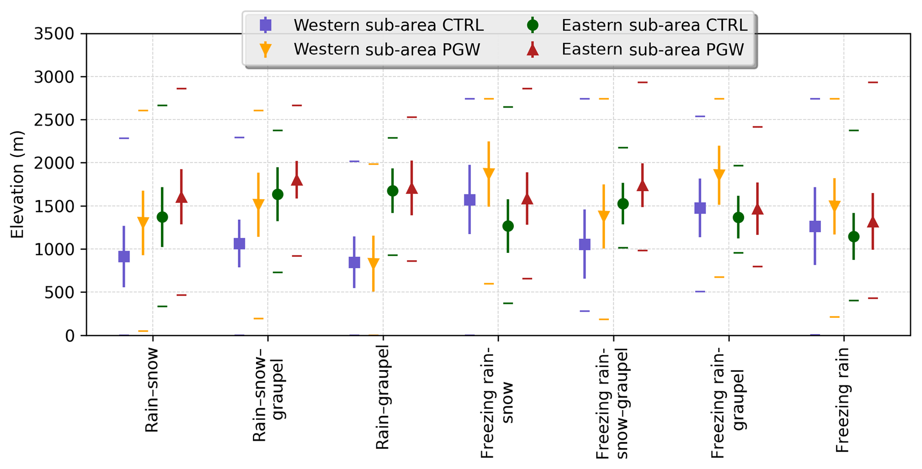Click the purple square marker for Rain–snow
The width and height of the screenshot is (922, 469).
[124, 256]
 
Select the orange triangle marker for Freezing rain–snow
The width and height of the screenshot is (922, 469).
[489, 173]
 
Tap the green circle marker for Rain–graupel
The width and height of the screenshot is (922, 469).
[393, 191]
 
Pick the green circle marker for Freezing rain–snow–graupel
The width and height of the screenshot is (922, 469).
[623, 204]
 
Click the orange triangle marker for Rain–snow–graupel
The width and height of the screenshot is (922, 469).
[258, 204]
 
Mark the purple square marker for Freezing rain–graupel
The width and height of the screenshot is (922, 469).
[700, 208]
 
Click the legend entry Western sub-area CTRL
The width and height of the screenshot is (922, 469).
[388, 25]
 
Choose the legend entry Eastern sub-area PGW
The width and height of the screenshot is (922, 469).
[653, 49]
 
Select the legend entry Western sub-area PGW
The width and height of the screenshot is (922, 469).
[387, 49]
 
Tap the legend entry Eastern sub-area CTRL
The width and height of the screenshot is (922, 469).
[654, 25]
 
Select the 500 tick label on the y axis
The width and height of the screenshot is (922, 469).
[60, 292]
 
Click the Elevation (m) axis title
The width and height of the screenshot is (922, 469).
[17, 185]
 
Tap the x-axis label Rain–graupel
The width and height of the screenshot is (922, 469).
[383, 398]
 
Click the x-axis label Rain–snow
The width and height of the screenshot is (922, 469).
[152, 390]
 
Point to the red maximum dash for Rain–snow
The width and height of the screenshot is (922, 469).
[181, 88]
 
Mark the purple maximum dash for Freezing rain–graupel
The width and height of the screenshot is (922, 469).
[700, 116]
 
